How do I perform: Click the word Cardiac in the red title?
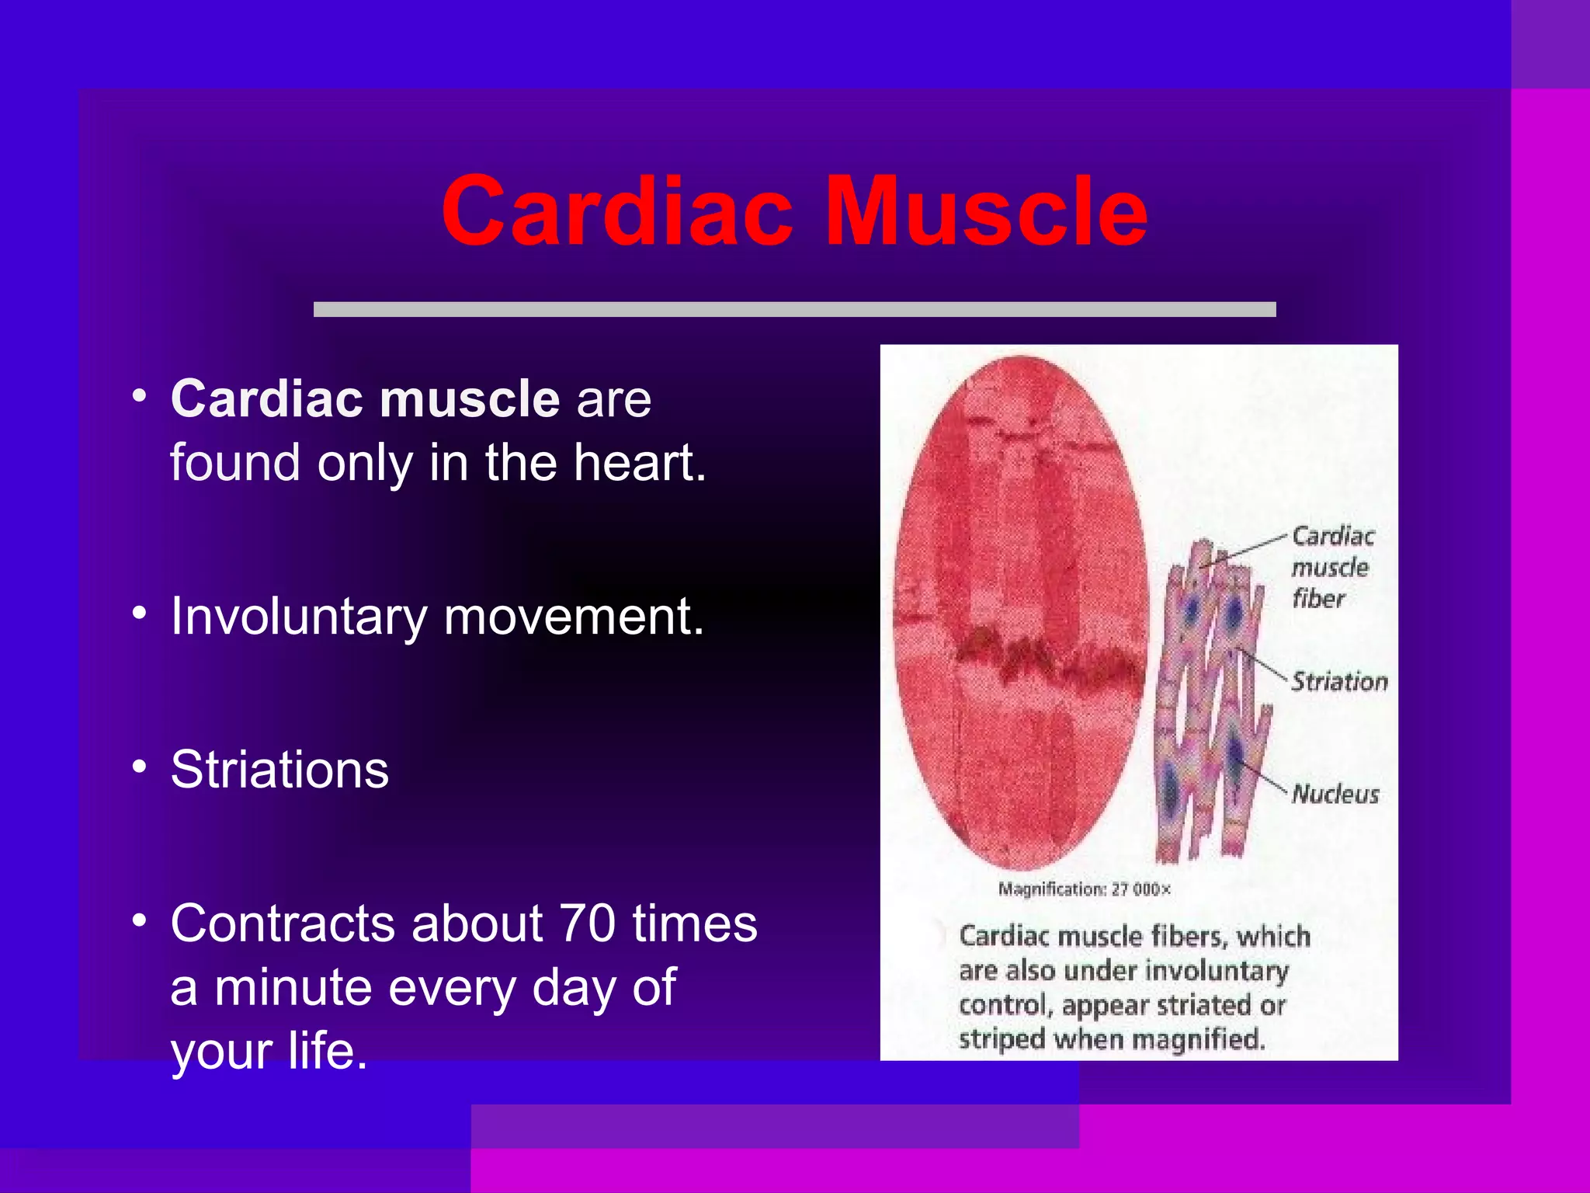tap(617, 211)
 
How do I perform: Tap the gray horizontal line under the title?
tap(794, 309)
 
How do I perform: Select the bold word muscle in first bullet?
tap(470, 399)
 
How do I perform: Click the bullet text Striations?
tap(279, 770)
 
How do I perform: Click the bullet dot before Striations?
tap(139, 767)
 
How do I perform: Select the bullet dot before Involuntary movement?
tap(139, 614)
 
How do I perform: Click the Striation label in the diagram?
tap(1339, 682)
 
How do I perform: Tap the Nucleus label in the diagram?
tap(1335, 794)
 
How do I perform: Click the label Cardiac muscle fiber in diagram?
tap(1331, 567)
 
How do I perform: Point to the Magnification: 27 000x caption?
tap(1084, 889)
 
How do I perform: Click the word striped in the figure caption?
tap(1002, 1039)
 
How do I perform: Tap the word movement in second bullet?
tap(574, 617)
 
